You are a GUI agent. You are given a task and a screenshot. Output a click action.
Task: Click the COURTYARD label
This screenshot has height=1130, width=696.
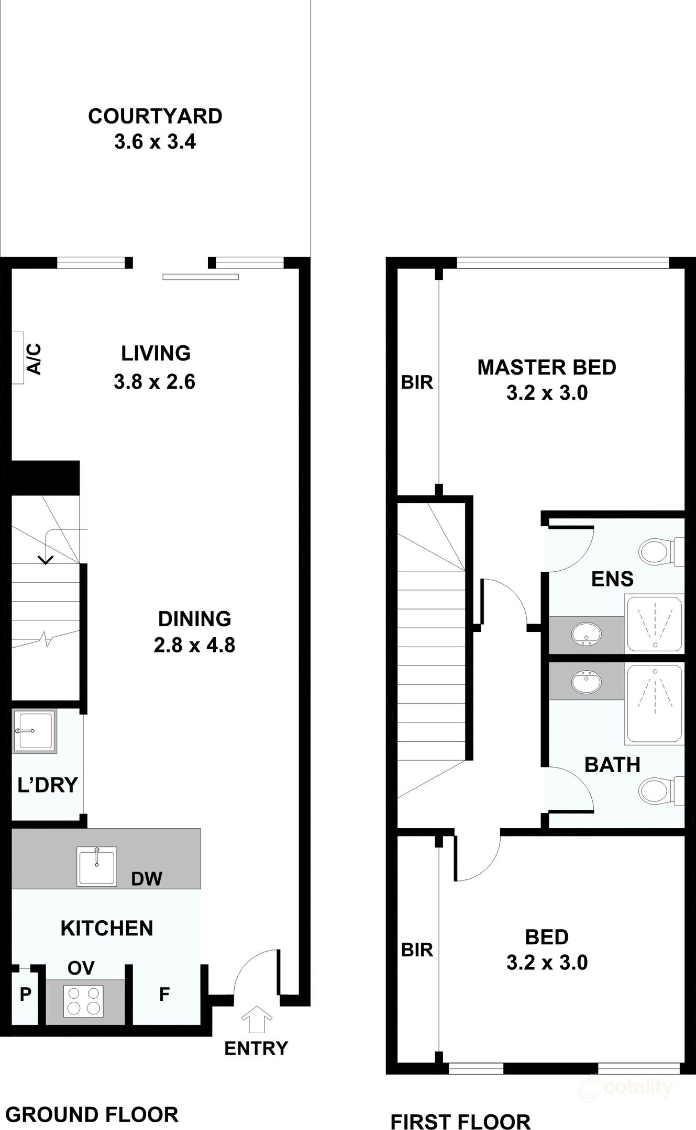click(x=155, y=116)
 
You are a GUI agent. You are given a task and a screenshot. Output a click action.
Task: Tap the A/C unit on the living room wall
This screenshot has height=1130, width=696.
click(x=18, y=358)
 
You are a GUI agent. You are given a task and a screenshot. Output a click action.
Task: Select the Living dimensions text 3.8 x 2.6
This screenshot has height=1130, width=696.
click(x=154, y=382)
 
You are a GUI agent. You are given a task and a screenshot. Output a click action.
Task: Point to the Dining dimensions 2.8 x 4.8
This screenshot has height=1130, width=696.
click(x=194, y=646)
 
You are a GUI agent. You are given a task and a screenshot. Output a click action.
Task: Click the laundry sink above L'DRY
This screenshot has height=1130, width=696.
click(x=34, y=731)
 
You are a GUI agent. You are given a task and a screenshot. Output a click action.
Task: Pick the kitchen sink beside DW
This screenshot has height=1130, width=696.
click(x=97, y=866)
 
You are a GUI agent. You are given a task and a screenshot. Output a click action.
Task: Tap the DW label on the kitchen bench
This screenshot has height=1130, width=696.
click(x=147, y=878)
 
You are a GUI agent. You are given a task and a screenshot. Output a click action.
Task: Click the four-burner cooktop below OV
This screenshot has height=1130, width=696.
click(x=83, y=1001)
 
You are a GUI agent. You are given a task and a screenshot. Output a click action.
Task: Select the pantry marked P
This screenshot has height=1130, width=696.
click(x=25, y=995)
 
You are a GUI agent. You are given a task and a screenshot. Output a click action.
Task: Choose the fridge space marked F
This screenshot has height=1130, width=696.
click(x=164, y=995)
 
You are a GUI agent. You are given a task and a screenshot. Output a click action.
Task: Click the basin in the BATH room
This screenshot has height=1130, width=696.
click(x=586, y=682)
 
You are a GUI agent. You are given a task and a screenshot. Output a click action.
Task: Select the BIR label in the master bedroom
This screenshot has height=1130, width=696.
click(x=417, y=382)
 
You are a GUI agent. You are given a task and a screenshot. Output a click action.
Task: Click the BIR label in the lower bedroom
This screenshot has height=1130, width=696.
click(x=417, y=950)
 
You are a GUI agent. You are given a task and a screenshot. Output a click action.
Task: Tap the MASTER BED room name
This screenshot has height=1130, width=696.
click(x=547, y=367)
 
